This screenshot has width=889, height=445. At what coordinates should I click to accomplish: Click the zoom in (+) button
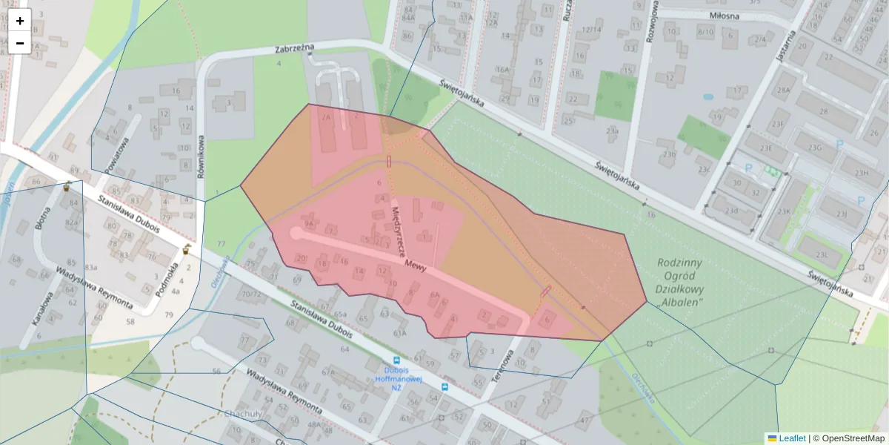20,21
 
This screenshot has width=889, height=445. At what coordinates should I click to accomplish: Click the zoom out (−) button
20,43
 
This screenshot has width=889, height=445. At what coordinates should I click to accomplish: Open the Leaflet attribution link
792,438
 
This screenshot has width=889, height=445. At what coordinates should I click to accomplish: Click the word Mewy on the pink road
415,265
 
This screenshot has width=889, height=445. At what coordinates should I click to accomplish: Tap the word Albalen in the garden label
679,303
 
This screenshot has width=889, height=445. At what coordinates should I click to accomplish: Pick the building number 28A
783,90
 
